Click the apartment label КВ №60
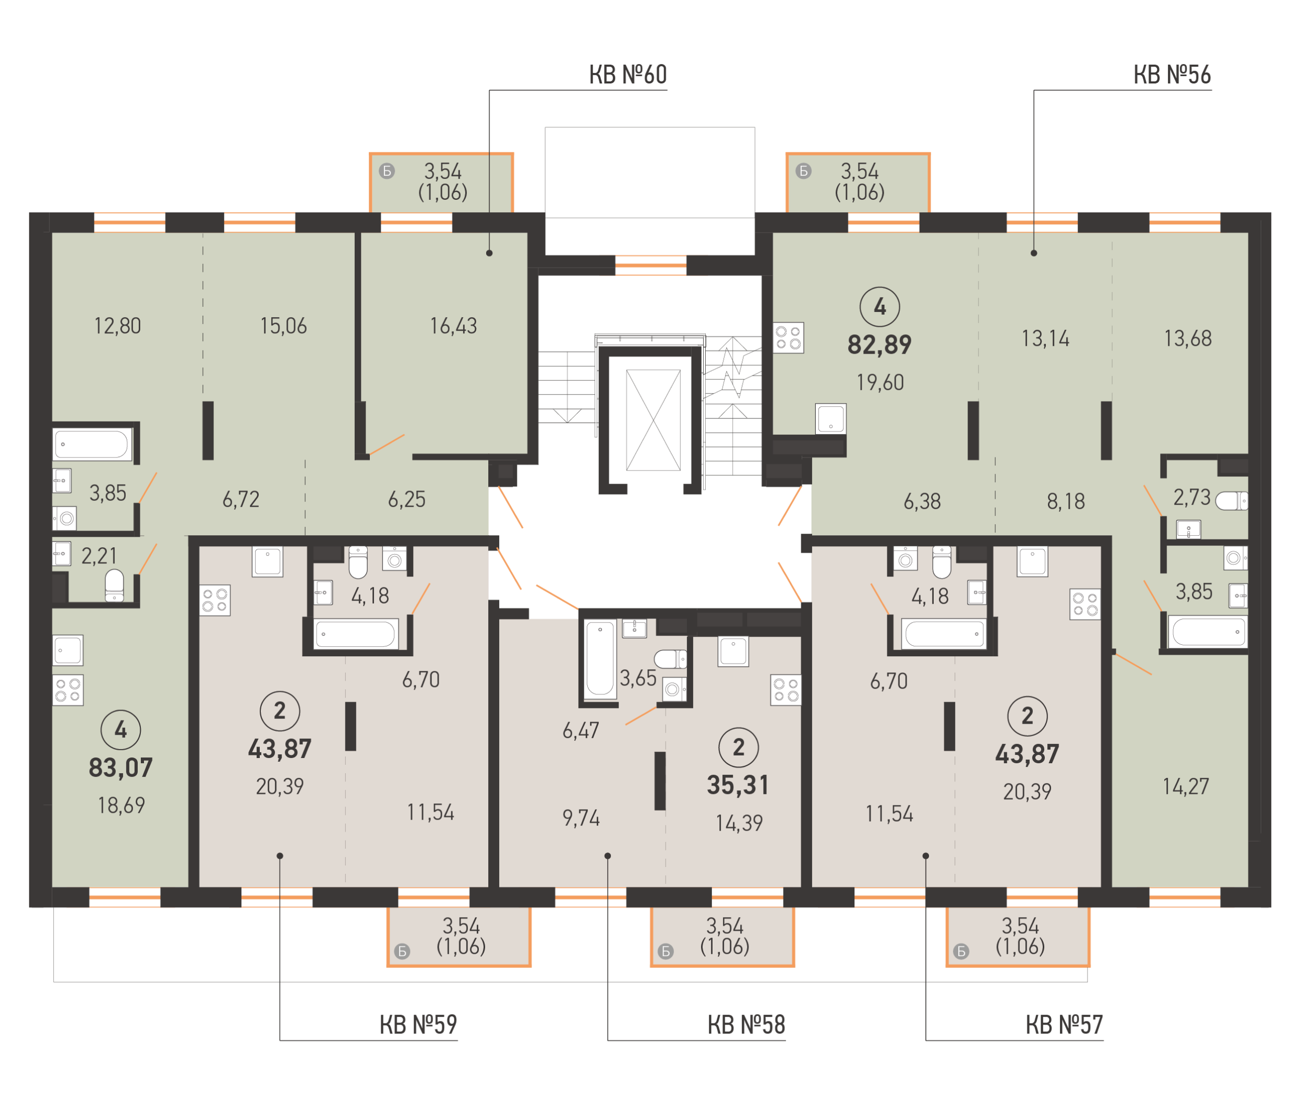point(628,75)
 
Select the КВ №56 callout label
point(1172,75)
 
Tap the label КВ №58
point(746,1025)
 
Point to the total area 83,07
point(121,768)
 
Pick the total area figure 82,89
point(879,345)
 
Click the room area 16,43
point(453,326)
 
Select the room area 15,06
point(283,326)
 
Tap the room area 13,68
point(1188,339)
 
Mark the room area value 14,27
point(1186,787)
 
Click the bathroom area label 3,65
point(638,678)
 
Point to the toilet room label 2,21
point(99,556)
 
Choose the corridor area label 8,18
point(1066,501)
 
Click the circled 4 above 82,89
point(879,307)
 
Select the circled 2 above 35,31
point(738,747)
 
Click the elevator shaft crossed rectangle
point(653,419)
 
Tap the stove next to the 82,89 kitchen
point(788,338)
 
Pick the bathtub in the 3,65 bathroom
point(600,659)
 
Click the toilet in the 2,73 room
point(1232,501)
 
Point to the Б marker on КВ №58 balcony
point(666,952)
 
